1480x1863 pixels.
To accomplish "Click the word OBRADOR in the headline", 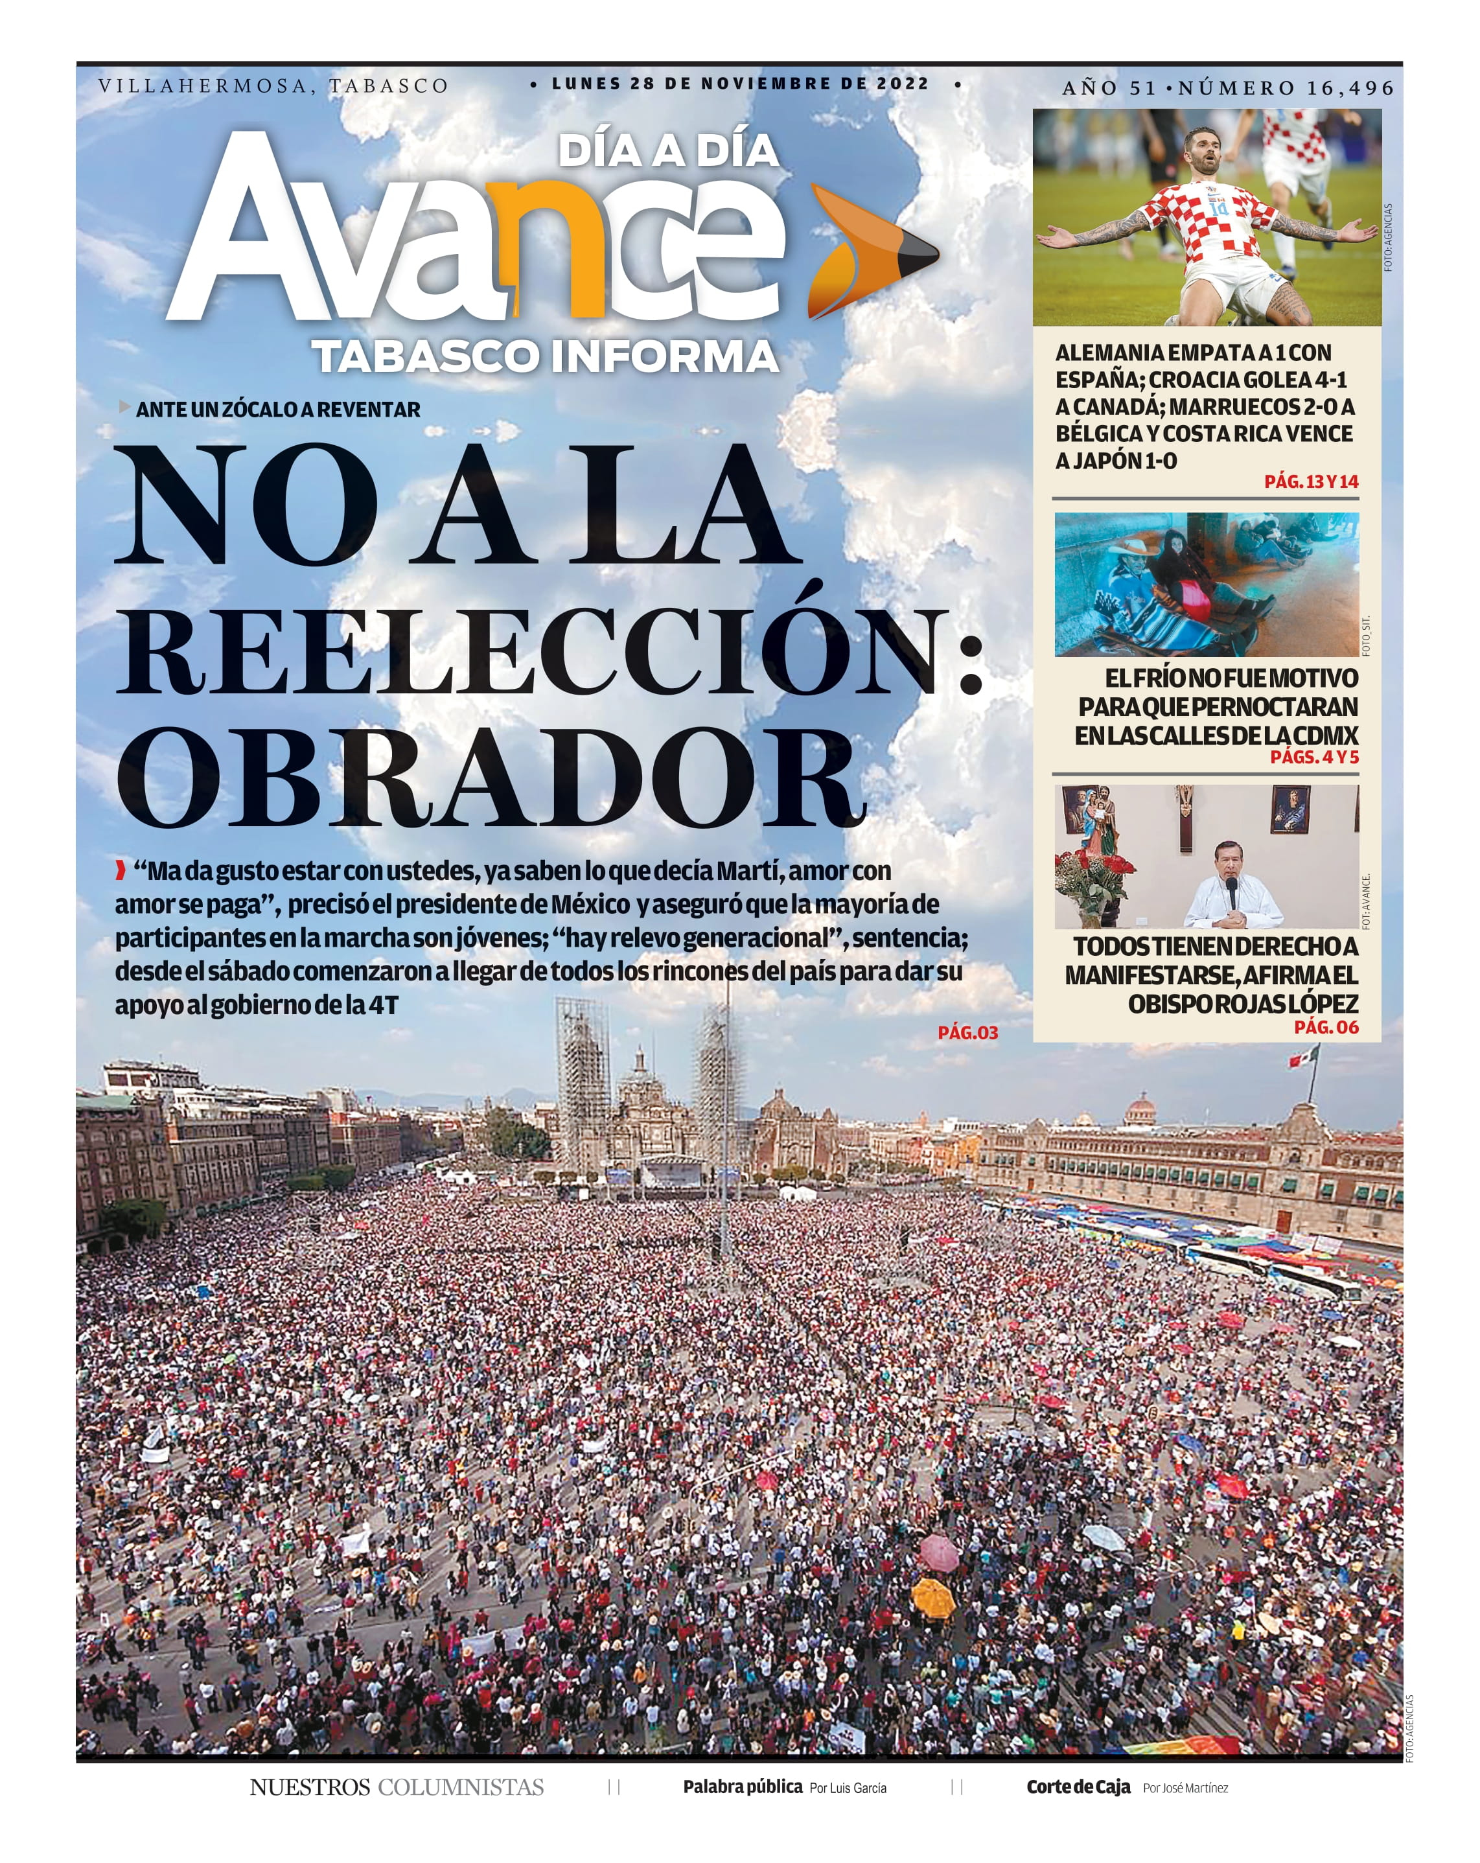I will pos(491,778).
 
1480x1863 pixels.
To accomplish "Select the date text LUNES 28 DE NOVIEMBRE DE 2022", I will pos(741,84).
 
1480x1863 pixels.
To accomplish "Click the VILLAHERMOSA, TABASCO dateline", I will pos(273,86).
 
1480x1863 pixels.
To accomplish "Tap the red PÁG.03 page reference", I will pos(967,1033).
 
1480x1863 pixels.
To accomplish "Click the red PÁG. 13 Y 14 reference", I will pos(1311,481).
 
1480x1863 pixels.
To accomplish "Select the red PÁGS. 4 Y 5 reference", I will pos(1313,757).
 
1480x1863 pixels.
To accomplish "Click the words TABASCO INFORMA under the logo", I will pos(546,357).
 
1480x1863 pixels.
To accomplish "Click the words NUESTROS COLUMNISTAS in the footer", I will pos(397,1787).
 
